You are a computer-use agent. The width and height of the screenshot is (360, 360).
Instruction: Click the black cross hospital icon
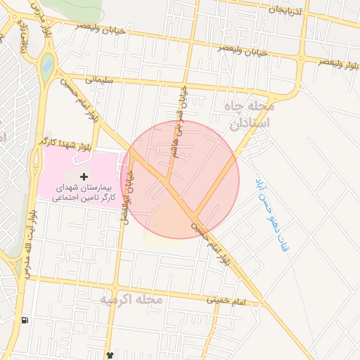click(85, 175)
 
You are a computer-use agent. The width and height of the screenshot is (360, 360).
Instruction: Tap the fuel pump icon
click(25, 321)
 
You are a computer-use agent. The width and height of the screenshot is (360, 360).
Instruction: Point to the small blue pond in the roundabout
click(47, 67)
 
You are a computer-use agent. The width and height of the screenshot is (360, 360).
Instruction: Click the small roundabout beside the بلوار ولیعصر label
click(301, 59)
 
